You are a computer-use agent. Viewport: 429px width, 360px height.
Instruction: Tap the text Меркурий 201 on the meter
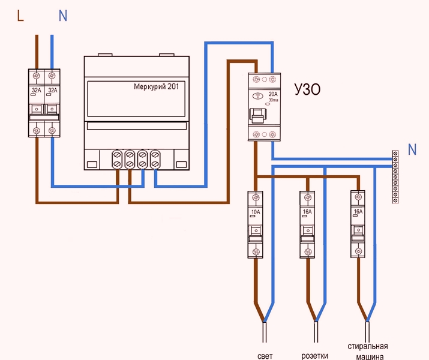pyautogui.click(x=160, y=86)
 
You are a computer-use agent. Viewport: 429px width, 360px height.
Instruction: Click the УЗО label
pyautogui.click(x=307, y=91)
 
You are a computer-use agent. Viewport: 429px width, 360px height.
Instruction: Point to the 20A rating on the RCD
pyautogui.click(x=274, y=94)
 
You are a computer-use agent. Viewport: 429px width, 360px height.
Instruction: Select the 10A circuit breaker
pyautogui.click(x=256, y=224)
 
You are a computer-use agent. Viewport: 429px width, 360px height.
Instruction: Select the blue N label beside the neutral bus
pyautogui.click(x=412, y=149)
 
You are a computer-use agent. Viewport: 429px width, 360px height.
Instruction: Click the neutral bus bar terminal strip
pyautogui.click(x=395, y=178)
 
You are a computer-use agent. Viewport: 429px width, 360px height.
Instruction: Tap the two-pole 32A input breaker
pyautogui.click(x=44, y=103)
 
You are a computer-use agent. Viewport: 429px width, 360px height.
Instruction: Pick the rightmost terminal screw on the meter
pyautogui.click(x=155, y=159)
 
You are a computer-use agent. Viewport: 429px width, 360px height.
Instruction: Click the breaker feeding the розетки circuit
pyautogui.click(x=307, y=224)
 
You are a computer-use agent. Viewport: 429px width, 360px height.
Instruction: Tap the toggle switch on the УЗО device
pyautogui.click(x=259, y=115)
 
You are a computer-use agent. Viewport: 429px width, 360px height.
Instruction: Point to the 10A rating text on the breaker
pyautogui.click(x=256, y=212)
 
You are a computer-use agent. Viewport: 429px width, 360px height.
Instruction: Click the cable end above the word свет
pyautogui.click(x=265, y=333)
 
